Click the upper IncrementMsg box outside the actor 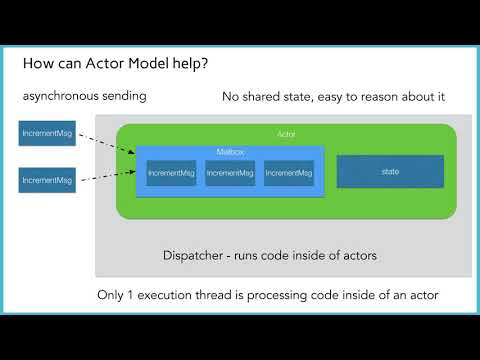pos(45,133)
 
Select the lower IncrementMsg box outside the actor pos(45,181)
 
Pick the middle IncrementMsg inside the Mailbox pos(229,173)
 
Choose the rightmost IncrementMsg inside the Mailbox pos(288,173)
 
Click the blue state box pos(390,172)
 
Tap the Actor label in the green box pos(286,133)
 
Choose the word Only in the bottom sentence pos(112,295)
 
